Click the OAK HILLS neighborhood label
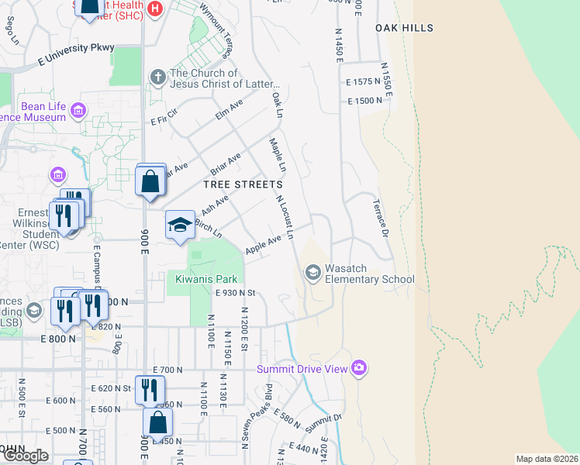[x=404, y=28]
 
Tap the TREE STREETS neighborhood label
[x=243, y=184]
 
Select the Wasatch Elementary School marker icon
[x=313, y=272]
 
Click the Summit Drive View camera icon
[x=358, y=368]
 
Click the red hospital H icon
[x=156, y=9]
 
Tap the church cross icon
[x=157, y=77]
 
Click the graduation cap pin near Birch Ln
[x=180, y=225]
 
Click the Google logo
[x=25, y=456]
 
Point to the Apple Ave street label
[x=263, y=245]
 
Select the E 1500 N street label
[x=365, y=101]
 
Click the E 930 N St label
[x=235, y=293]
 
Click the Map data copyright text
[x=547, y=459]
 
